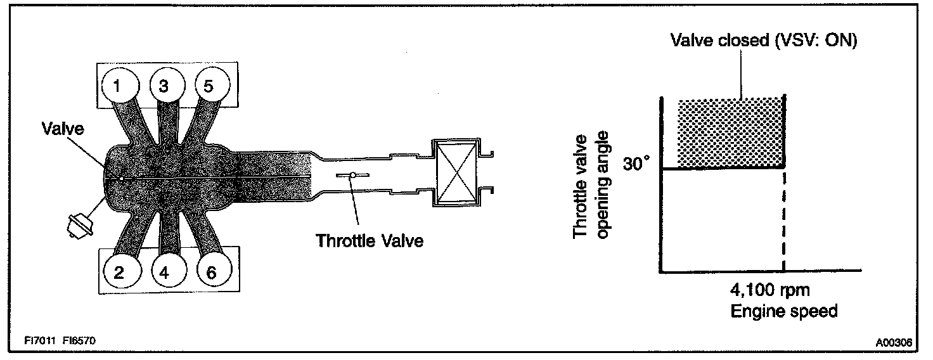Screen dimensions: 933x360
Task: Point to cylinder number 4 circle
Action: (165, 272)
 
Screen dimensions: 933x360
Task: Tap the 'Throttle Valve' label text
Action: (370, 241)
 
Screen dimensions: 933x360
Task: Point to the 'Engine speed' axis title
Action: (785, 311)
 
